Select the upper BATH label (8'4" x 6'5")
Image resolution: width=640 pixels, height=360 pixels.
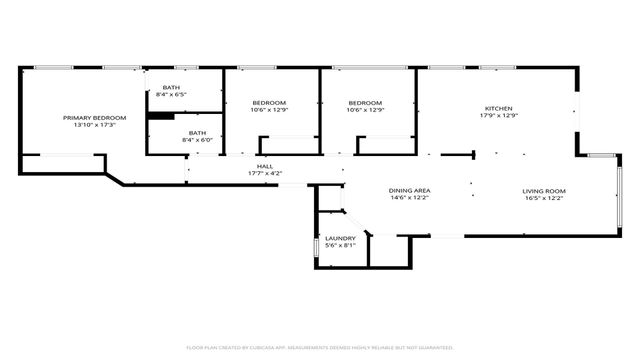coord(171,87)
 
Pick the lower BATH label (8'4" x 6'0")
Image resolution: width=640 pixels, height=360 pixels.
coord(197,133)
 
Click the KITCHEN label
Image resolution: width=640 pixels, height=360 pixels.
coord(499,108)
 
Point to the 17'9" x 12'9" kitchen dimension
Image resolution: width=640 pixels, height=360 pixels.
coord(499,116)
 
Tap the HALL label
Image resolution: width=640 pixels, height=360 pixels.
coord(265,166)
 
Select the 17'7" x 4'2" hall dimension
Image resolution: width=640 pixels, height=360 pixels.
coord(265,174)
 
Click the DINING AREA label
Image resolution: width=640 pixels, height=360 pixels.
coord(409,190)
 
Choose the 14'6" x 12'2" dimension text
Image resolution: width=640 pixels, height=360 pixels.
coord(409,198)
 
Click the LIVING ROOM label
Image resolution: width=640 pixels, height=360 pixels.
coord(544,190)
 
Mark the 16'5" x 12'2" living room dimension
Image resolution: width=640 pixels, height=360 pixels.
coord(544,198)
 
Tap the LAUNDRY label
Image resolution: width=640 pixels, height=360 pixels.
coord(340,238)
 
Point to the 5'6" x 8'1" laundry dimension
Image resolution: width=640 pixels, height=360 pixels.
coord(340,246)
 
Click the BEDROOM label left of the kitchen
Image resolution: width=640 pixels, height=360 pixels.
coord(365,103)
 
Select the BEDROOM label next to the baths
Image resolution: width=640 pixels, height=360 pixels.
coord(269,103)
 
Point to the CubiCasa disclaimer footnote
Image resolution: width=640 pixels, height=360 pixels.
coord(320,347)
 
